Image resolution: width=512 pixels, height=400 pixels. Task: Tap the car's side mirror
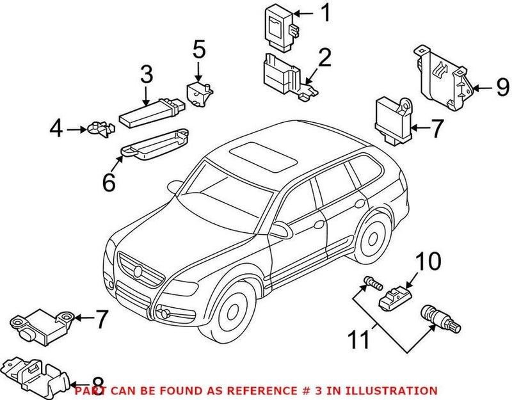[x=280, y=229]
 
